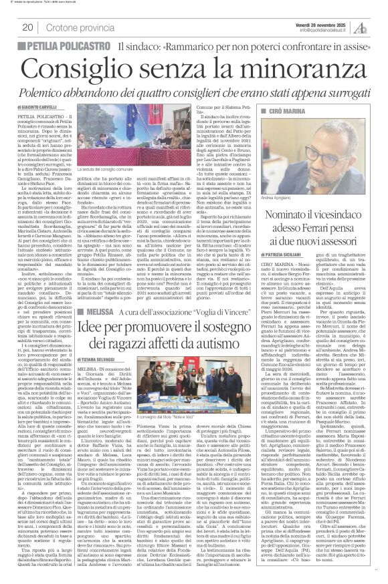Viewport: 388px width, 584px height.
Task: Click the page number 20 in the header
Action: [27, 27]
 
